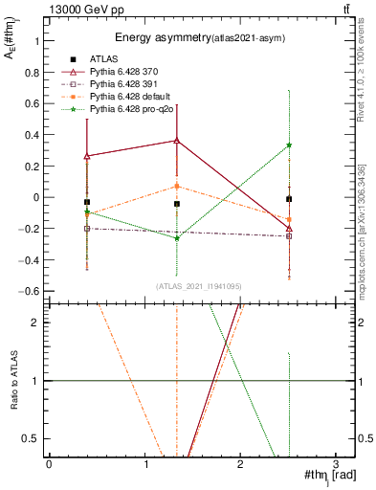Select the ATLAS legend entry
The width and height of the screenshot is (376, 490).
click(108, 60)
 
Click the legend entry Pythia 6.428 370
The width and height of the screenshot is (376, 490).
click(129, 73)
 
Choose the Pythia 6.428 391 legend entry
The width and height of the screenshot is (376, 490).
click(129, 85)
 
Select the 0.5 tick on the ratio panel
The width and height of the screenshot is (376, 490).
click(29, 438)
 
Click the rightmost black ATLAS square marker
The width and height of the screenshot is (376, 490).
click(289, 199)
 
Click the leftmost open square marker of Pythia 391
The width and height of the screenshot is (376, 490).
click(87, 229)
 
